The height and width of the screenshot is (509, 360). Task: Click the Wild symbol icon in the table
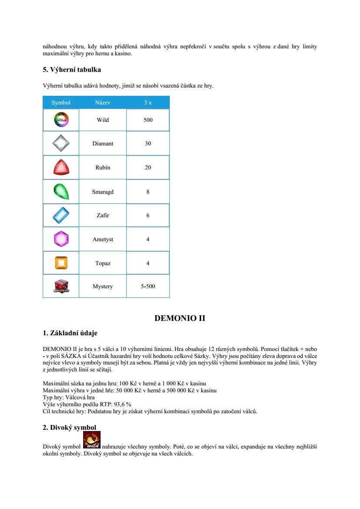pos(61,120)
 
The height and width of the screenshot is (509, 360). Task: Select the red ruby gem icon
pos(61,167)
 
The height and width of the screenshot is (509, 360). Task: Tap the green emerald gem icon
pos(61,191)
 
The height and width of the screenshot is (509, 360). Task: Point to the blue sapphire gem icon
pos(61,215)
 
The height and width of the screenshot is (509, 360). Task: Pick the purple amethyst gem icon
pos(61,239)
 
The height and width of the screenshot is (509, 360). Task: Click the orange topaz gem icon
pos(61,263)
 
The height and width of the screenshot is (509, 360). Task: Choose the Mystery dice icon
pos(61,286)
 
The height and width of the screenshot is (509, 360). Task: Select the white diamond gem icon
pos(61,143)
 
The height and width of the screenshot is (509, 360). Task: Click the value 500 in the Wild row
pos(148,120)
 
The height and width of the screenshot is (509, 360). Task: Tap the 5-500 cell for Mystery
pos(148,287)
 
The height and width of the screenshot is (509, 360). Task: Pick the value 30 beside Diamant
pos(148,143)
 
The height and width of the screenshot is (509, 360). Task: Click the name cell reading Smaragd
pos(103,192)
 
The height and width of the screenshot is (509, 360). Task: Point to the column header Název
pos(103,103)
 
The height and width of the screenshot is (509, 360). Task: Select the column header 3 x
pos(148,103)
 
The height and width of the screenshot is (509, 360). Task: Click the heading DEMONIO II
pos(180,318)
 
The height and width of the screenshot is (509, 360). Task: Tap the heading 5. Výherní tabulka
pos(72,70)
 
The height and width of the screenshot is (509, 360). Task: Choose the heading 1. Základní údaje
pos(70,333)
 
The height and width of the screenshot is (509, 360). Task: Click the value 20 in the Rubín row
pos(148,167)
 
